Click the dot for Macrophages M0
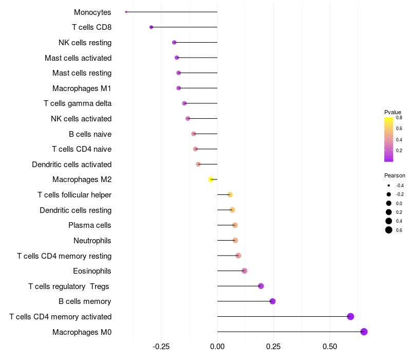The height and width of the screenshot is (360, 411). coord(364,332)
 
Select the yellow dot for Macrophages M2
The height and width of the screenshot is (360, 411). coord(211,179)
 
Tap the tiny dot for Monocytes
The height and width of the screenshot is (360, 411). coord(126,12)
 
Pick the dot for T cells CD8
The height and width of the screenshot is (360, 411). coord(151,27)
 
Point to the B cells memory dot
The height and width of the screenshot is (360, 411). coord(272,301)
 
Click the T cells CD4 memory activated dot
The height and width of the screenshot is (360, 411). coord(350,316)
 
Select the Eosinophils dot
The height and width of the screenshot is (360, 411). coord(244,271)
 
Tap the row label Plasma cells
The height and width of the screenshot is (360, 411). coord(90,225)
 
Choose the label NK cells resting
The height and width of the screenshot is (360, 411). coord(85,43)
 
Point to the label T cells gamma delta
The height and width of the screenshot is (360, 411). coord(78,103)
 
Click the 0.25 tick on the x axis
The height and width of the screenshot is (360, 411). coord(273,347)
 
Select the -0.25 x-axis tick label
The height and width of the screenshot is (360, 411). coord(160,347)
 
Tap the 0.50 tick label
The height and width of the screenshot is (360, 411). coord(329,347)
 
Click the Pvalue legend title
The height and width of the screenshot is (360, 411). coord(393,112)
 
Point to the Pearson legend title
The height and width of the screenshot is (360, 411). coord(395,175)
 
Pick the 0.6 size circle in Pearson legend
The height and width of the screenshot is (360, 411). coord(389,230)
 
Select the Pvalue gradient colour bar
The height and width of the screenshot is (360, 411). coord(389,139)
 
